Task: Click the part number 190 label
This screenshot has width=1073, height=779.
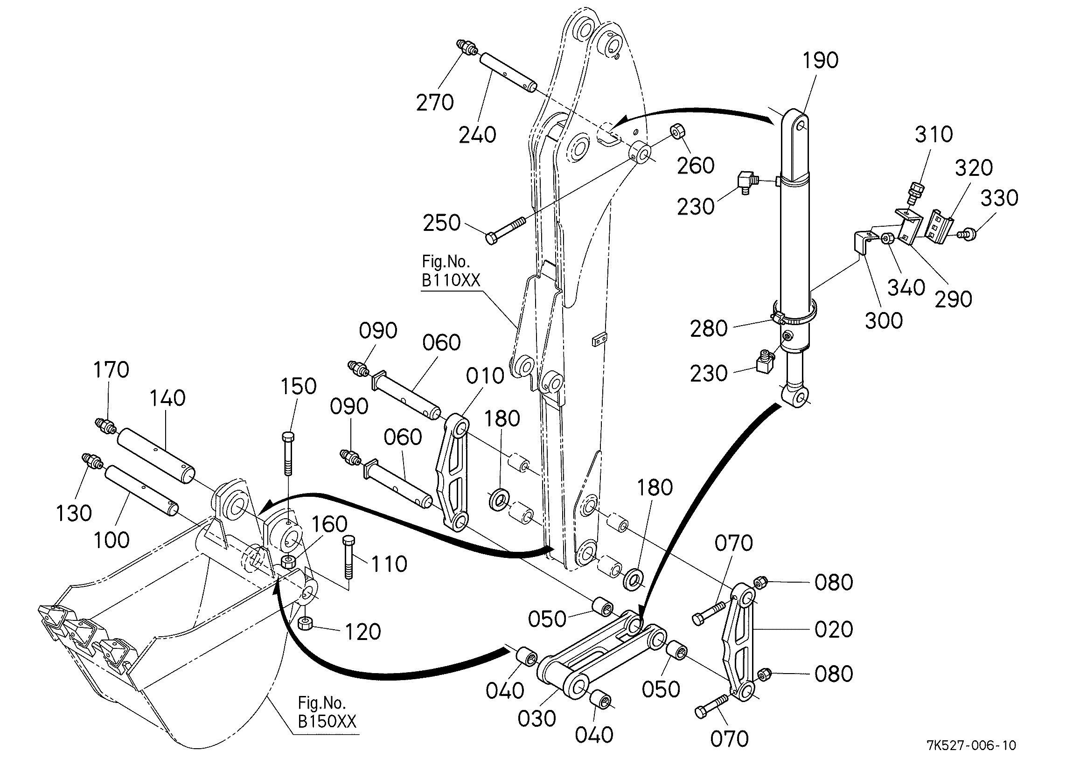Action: [x=820, y=60]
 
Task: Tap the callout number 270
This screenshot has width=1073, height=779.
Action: [x=435, y=102]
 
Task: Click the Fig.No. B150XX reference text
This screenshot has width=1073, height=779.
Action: [x=327, y=712]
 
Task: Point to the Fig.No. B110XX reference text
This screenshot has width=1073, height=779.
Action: [x=451, y=271]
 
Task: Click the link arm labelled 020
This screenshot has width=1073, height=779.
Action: [x=740, y=642]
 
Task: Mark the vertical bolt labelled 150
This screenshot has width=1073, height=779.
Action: [x=288, y=453]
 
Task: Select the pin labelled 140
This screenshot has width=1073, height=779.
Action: [x=156, y=455]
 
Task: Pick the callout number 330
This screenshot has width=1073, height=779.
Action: [x=999, y=198]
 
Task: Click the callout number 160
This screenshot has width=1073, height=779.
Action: [x=329, y=524]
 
